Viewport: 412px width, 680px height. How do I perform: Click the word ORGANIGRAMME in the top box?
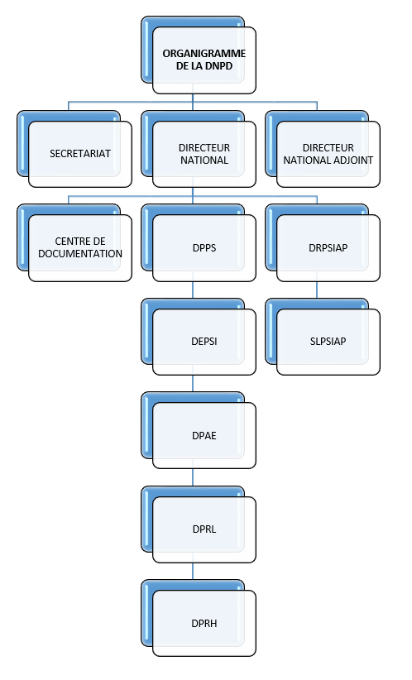[x=204, y=54]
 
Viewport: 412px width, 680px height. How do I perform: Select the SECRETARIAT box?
[x=80, y=154]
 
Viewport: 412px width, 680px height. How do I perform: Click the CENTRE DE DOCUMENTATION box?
[x=80, y=248]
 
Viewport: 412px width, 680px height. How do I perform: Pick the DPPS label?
[x=204, y=248]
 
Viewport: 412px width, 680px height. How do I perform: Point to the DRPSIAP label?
[x=328, y=248]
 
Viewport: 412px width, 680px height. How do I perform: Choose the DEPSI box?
[x=204, y=342]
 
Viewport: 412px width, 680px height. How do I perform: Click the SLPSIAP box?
[x=328, y=342]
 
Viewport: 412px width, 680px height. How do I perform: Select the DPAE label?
[x=204, y=436]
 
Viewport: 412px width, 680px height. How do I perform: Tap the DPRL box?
[x=204, y=529]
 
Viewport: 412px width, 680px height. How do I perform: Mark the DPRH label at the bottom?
[x=204, y=624]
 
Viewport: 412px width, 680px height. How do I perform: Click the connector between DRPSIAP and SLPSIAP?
[x=317, y=290]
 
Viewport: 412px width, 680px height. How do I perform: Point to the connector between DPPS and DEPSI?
[x=193, y=290]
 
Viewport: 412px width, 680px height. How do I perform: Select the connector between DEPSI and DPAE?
[x=193, y=384]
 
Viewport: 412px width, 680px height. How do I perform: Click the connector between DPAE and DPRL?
[x=193, y=477]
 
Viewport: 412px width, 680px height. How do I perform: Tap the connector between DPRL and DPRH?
[x=193, y=572]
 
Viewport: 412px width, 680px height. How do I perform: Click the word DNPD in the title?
[x=219, y=66]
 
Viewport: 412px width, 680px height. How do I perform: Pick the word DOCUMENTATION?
[x=80, y=254]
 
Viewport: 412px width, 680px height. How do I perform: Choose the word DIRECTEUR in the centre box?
[x=204, y=148]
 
